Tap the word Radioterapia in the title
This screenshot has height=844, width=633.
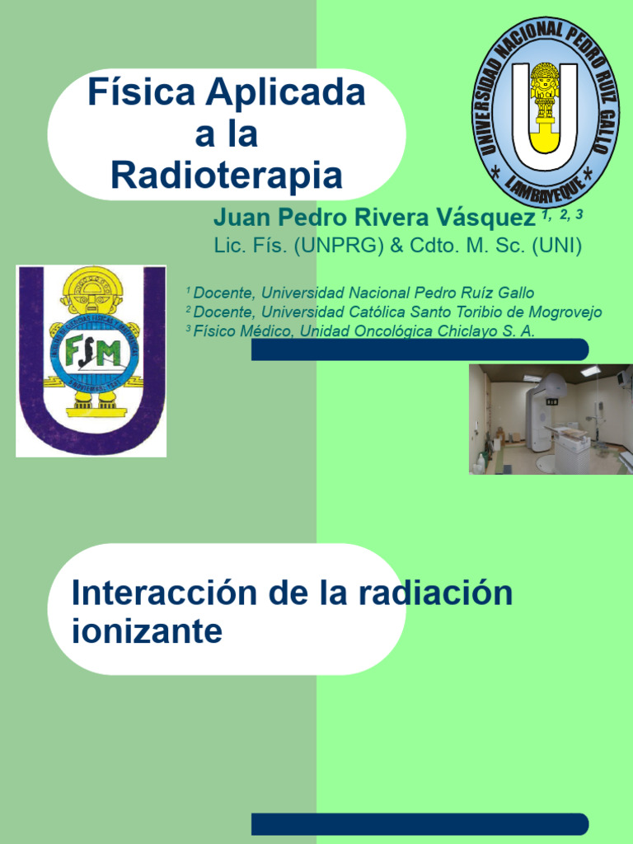tap(226, 175)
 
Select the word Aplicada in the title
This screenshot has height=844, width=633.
tap(285, 92)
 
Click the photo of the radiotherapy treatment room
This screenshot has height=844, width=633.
tap(551, 419)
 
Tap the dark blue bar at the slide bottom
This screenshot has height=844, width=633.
tap(420, 823)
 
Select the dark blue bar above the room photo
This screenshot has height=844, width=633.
tap(420, 349)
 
